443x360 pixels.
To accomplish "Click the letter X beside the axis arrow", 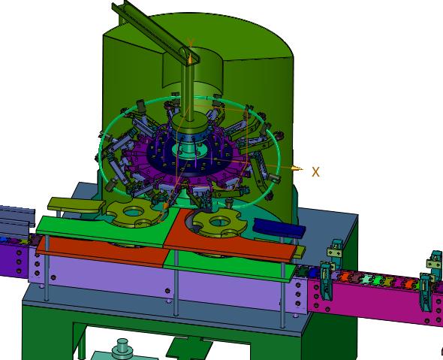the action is click(315, 172).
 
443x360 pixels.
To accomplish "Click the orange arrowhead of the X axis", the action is click(297, 169).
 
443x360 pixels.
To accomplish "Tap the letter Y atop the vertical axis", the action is click(191, 43).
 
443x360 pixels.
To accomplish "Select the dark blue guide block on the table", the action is click(280, 226).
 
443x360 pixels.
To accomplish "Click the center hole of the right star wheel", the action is click(220, 222).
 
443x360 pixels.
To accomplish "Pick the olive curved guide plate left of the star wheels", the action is click(76, 204).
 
